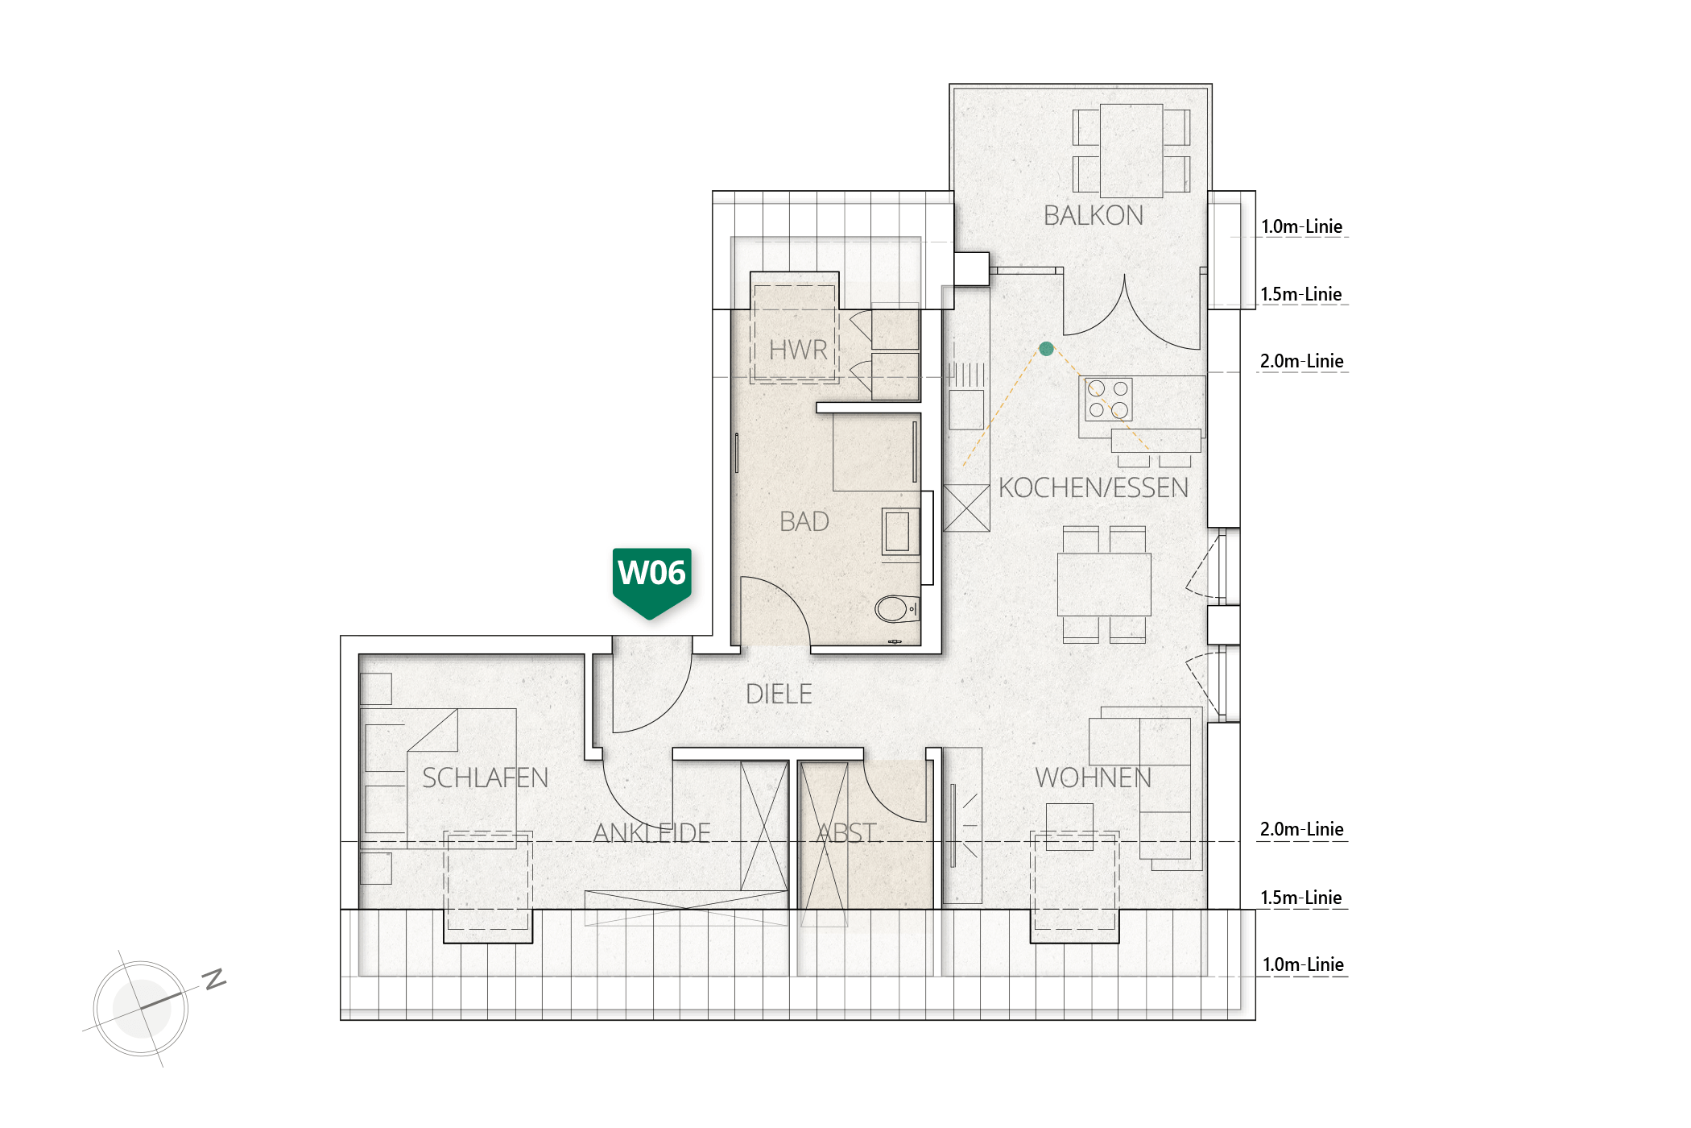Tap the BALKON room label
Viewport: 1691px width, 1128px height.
point(1093,216)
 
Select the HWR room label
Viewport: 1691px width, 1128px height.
point(798,350)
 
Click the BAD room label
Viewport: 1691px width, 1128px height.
point(804,522)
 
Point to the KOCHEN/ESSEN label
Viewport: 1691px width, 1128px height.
point(1093,488)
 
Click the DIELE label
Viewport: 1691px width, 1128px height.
point(779,695)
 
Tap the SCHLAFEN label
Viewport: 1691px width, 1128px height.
point(485,778)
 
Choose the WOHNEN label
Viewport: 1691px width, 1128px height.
point(1093,778)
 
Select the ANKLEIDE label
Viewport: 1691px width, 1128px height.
point(651,833)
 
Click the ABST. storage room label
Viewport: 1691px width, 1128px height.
point(846,833)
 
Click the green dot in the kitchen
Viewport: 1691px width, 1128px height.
point(1046,349)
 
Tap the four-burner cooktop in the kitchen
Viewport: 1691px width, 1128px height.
point(1108,400)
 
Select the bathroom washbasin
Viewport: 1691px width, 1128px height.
point(899,531)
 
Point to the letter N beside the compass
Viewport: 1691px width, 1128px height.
point(214,979)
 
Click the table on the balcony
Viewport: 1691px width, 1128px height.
point(1131,151)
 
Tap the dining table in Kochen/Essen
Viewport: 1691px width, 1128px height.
point(1104,584)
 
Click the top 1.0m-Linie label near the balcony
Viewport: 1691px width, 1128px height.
point(1301,227)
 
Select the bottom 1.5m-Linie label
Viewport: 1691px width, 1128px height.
point(1301,898)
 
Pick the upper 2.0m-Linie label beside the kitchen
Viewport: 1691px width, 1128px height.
point(1301,362)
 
